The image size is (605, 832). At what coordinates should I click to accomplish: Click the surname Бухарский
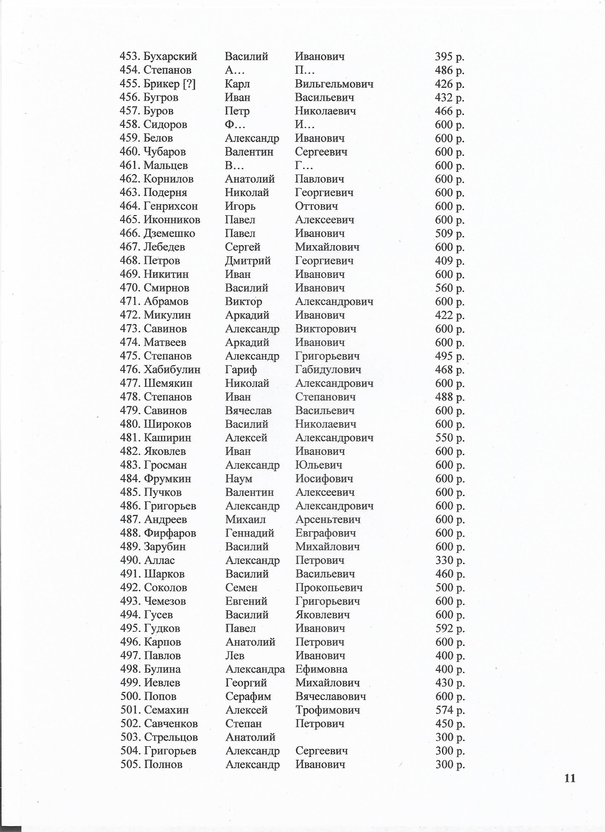pyautogui.click(x=170, y=57)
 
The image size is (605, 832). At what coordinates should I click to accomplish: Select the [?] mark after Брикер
pyautogui.click(x=189, y=84)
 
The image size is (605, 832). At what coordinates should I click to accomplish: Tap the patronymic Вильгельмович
pyautogui.click(x=334, y=84)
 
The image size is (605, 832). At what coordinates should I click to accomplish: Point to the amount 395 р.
pyautogui.click(x=449, y=57)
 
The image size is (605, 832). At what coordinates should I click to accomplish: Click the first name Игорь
pyautogui.click(x=240, y=206)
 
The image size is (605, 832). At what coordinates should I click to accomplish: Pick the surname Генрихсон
pyautogui.click(x=170, y=206)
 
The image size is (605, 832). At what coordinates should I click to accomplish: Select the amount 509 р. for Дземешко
pyautogui.click(x=449, y=233)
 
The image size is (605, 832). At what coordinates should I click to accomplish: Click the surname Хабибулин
pyautogui.click(x=172, y=369)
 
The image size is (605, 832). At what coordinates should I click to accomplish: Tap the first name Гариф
pyautogui.click(x=241, y=369)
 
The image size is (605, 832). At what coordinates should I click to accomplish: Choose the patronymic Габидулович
pyautogui.click(x=328, y=369)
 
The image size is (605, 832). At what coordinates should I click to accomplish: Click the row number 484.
pyautogui.click(x=130, y=478)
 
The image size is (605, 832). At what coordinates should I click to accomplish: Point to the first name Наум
pyautogui.click(x=238, y=478)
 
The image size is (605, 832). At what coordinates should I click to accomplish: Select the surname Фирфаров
pyautogui.click(x=170, y=533)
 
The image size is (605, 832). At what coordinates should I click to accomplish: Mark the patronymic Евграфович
pyautogui.click(x=325, y=533)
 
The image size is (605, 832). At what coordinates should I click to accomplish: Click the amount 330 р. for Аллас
pyautogui.click(x=450, y=560)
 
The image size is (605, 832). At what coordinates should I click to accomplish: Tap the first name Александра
pyautogui.click(x=255, y=669)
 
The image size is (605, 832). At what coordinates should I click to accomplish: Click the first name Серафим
pyautogui.click(x=248, y=696)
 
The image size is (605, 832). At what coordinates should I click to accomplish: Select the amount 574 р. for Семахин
pyautogui.click(x=450, y=710)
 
